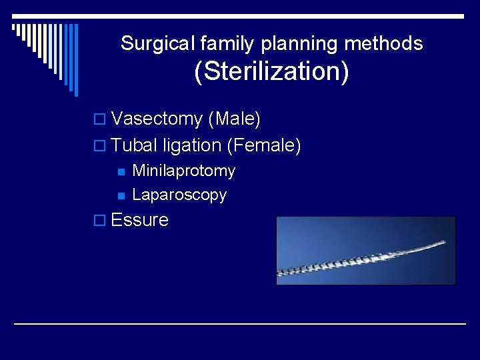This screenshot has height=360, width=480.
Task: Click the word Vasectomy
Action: click(157, 119)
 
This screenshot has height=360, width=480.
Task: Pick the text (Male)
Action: click(234, 119)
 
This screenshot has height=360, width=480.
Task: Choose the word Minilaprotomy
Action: click(184, 171)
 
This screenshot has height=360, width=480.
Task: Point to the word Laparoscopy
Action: click(179, 195)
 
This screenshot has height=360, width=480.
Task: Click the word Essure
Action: click(140, 220)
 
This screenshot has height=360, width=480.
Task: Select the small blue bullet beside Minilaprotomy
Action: click(120, 172)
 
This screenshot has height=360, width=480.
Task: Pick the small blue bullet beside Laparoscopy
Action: click(120, 196)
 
